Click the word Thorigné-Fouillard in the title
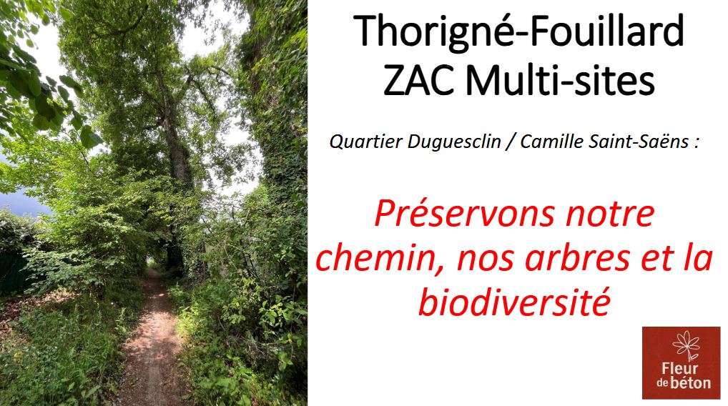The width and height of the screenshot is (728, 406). (x=518, y=32)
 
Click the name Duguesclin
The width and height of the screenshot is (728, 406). (x=454, y=142)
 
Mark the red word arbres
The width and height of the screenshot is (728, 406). (x=577, y=258)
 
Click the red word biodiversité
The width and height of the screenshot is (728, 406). (x=514, y=302)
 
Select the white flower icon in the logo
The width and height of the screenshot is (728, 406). (x=687, y=345)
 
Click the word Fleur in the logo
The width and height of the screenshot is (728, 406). (x=680, y=370)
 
